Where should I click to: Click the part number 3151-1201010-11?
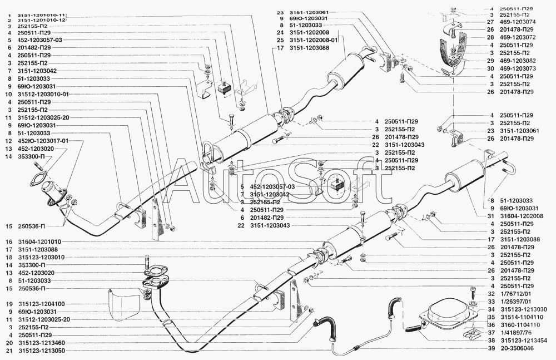tap(42, 15)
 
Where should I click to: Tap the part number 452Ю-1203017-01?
tap(43, 141)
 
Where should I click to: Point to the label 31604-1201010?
tap(38, 242)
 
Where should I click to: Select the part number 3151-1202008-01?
tap(314, 40)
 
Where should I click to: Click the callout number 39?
tap(491, 349)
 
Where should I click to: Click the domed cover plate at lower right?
tap(448, 313)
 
